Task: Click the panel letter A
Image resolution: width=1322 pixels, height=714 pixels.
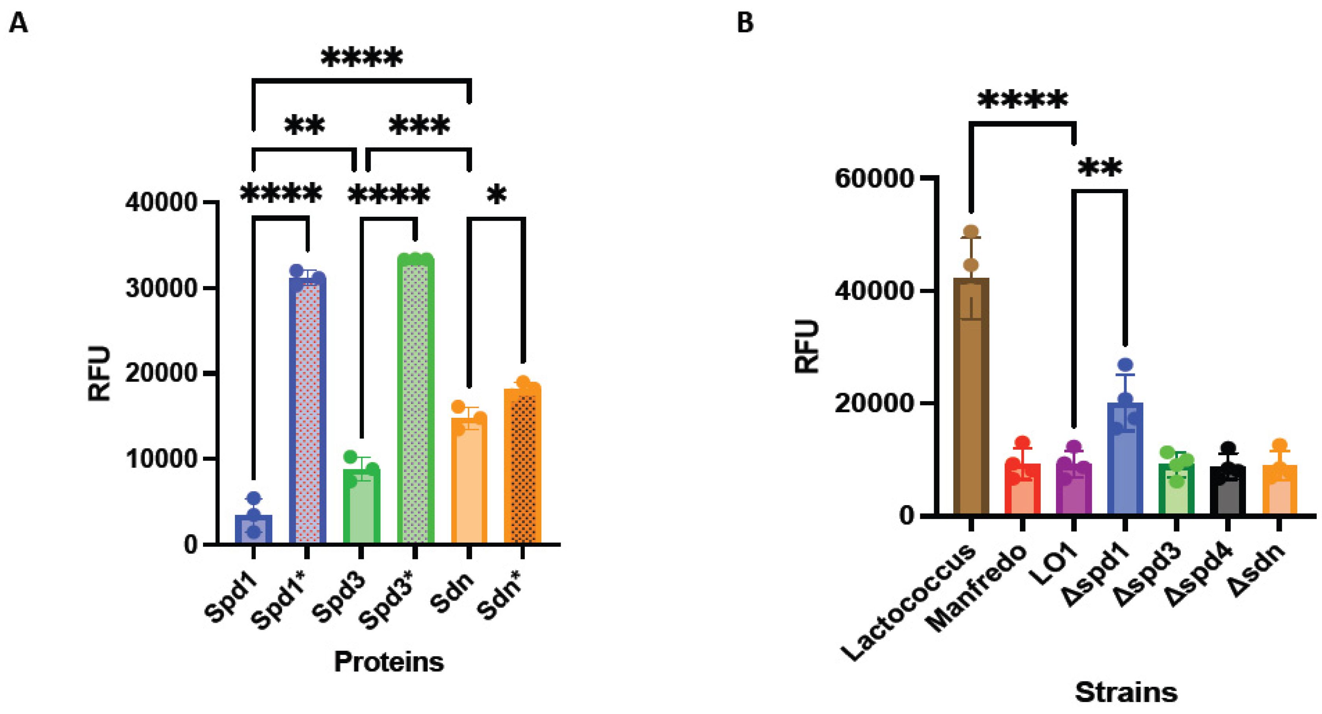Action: pyautogui.click(x=18, y=23)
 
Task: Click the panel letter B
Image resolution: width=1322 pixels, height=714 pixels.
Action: pyautogui.click(x=745, y=23)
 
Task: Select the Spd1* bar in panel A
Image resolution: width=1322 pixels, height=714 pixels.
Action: pyautogui.click(x=307, y=410)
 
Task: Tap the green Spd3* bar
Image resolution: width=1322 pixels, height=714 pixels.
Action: pyautogui.click(x=415, y=400)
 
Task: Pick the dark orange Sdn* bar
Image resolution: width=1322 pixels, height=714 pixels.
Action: pyautogui.click(x=523, y=467)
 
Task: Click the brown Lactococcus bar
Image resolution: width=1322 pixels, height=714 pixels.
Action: pyautogui.click(x=971, y=400)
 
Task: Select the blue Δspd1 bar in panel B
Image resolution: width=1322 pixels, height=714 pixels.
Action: pyautogui.click(x=1125, y=461)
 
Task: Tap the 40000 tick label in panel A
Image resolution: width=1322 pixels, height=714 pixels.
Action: pyautogui.click(x=162, y=203)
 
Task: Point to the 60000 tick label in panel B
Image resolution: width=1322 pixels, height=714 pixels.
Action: pyautogui.click(x=875, y=179)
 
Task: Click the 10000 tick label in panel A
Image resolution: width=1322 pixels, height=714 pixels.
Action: pyautogui.click(x=162, y=459)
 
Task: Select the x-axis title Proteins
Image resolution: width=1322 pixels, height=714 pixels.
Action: pyautogui.click(x=389, y=661)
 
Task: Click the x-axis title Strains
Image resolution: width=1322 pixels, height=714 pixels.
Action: pyautogui.click(x=1126, y=692)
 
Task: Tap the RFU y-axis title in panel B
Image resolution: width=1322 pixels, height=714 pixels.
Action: pyautogui.click(x=806, y=346)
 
